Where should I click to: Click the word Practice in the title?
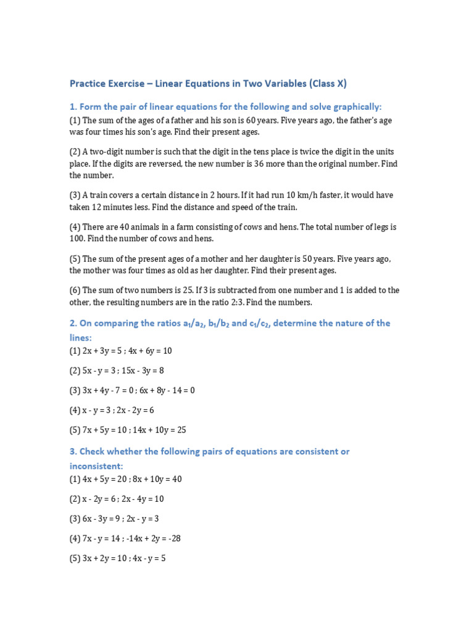tap(86, 83)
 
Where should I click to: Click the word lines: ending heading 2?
tap(80, 338)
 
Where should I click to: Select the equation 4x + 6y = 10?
tap(147, 351)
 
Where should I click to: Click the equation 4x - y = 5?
tap(143, 559)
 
